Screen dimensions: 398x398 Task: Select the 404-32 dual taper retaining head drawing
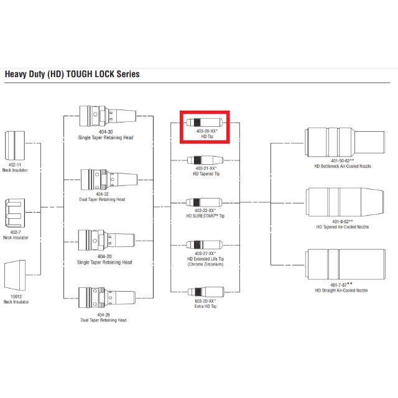click(x=106, y=180)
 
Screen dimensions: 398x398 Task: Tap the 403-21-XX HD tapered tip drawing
click(x=205, y=160)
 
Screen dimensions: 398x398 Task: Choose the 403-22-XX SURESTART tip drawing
click(x=205, y=203)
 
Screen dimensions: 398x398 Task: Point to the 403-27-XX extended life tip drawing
click(x=205, y=245)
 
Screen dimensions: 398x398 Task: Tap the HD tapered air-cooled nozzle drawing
click(x=341, y=202)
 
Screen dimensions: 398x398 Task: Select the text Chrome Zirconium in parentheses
click(x=205, y=264)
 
